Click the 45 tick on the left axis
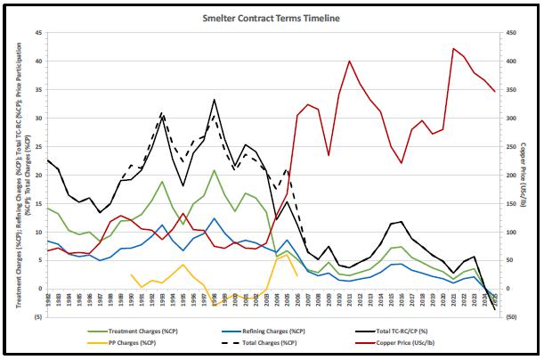37,33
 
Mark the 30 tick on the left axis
37,119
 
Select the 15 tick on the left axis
37,203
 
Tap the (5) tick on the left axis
37,317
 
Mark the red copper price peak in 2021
454,48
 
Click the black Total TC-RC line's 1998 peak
214,99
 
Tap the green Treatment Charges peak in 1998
214,170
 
